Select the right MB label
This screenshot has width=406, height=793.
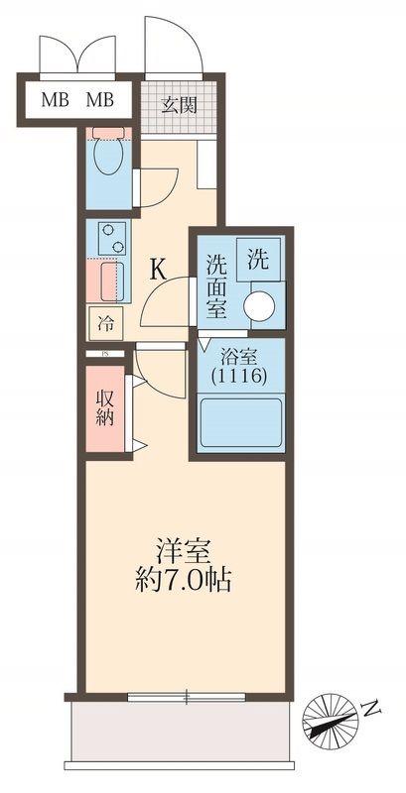pos(100,99)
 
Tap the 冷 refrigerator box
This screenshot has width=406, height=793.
pos(105,322)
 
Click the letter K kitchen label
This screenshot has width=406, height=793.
pos(158,268)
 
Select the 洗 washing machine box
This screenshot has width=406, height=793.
pos(257,260)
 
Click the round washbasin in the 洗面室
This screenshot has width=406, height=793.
pos(262,305)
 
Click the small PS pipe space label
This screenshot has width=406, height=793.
pos(102,352)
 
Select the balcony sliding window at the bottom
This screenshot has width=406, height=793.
pos(187,697)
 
